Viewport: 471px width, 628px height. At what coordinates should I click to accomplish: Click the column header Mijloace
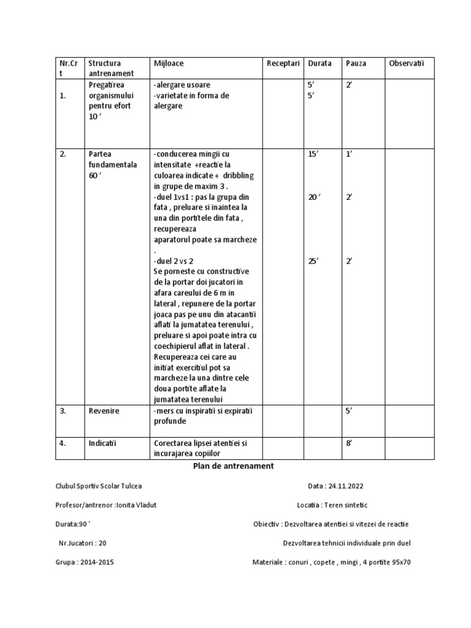[x=168, y=63]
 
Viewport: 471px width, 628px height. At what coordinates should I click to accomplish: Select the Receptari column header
[x=283, y=63]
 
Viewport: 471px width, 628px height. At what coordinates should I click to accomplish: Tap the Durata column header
[x=320, y=63]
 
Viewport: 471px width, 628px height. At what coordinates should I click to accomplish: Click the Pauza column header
[x=356, y=63]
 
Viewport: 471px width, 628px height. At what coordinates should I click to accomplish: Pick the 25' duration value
[x=313, y=261]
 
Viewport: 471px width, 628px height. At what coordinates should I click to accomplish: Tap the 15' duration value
[x=313, y=154]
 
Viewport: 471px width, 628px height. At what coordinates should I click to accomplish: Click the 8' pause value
[x=349, y=442]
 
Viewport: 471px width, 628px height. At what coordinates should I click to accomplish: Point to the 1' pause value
[x=349, y=154]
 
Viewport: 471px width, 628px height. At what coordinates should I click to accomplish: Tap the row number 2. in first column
[x=63, y=154]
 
